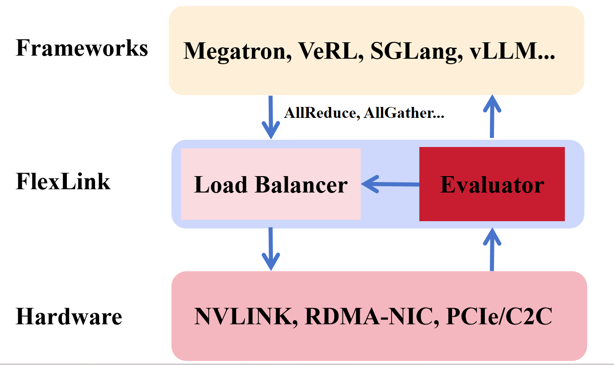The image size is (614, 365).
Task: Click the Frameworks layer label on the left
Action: click(82, 48)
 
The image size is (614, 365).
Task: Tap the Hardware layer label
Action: click(69, 316)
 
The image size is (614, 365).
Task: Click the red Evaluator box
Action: click(492, 184)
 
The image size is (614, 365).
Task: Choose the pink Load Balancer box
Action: click(271, 184)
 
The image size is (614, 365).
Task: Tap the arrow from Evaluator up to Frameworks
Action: click(492, 116)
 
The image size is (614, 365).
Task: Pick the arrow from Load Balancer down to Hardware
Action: click(271, 248)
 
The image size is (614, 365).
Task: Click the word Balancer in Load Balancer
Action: click(301, 185)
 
